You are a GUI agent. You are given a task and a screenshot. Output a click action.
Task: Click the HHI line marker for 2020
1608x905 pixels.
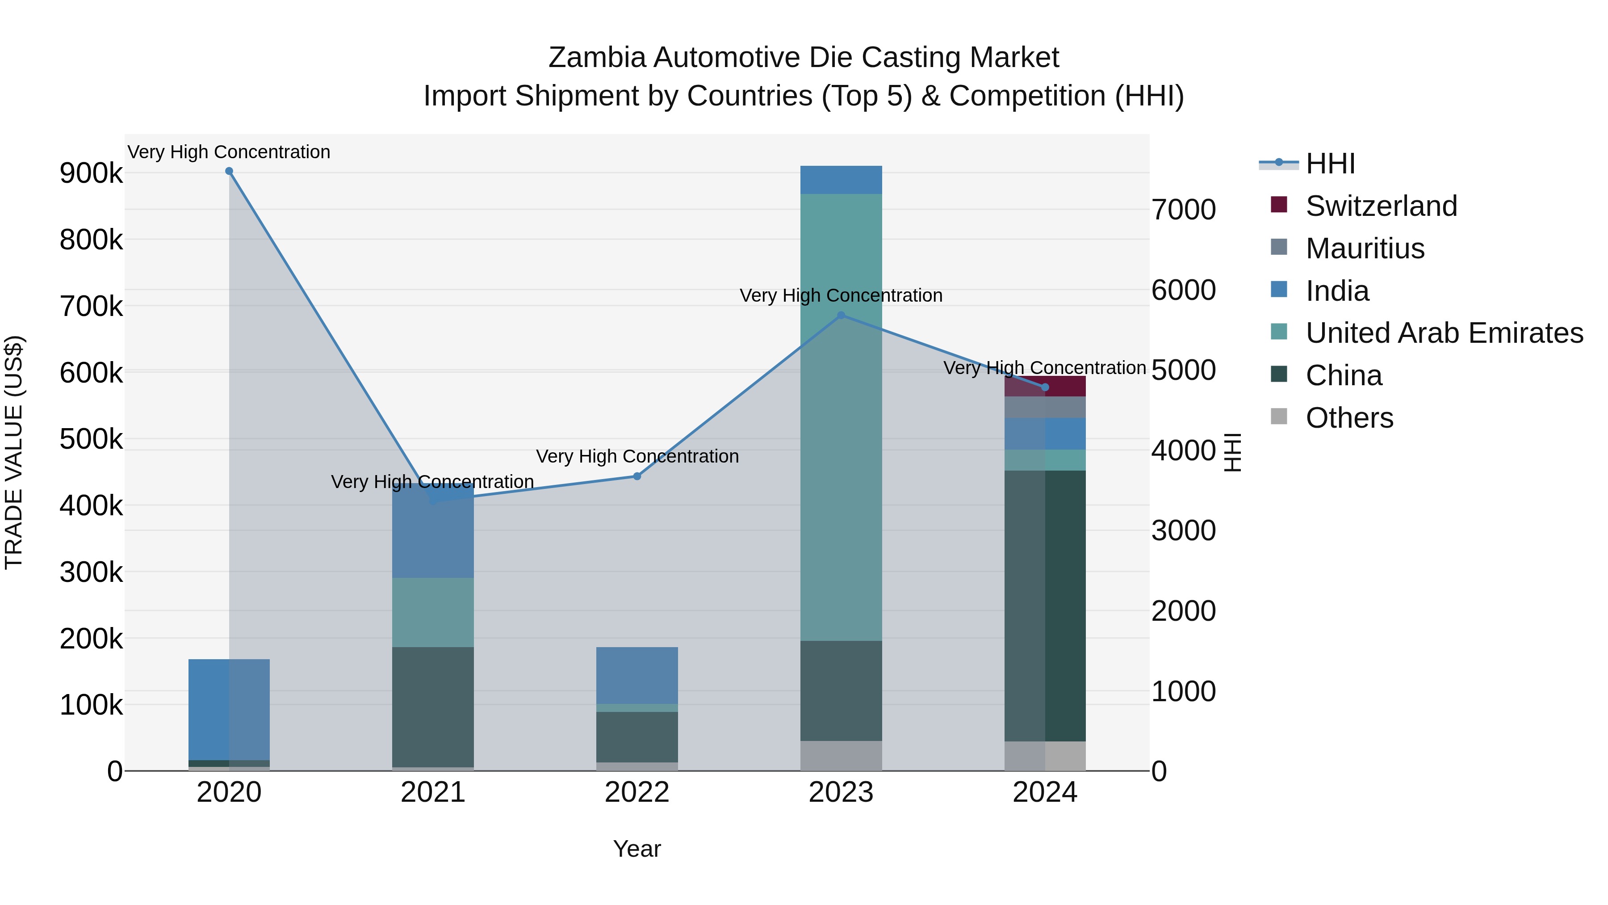[229, 171]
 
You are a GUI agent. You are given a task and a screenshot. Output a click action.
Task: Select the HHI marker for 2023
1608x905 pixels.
[841, 316]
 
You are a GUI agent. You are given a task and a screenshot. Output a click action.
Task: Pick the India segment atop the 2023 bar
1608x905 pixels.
[841, 180]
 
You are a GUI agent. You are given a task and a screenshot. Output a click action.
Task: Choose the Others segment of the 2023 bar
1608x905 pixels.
[841, 756]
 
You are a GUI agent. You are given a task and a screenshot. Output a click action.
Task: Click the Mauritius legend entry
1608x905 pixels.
[1365, 248]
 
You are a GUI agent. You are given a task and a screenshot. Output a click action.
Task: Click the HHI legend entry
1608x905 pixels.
[1330, 164]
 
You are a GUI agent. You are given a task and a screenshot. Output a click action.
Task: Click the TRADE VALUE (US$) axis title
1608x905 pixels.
[14, 452]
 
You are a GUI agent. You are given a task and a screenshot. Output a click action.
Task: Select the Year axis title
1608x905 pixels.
[636, 849]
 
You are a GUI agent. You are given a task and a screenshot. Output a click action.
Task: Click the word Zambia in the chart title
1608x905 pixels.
[596, 58]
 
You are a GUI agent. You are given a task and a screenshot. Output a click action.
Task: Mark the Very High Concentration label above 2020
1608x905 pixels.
[229, 152]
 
